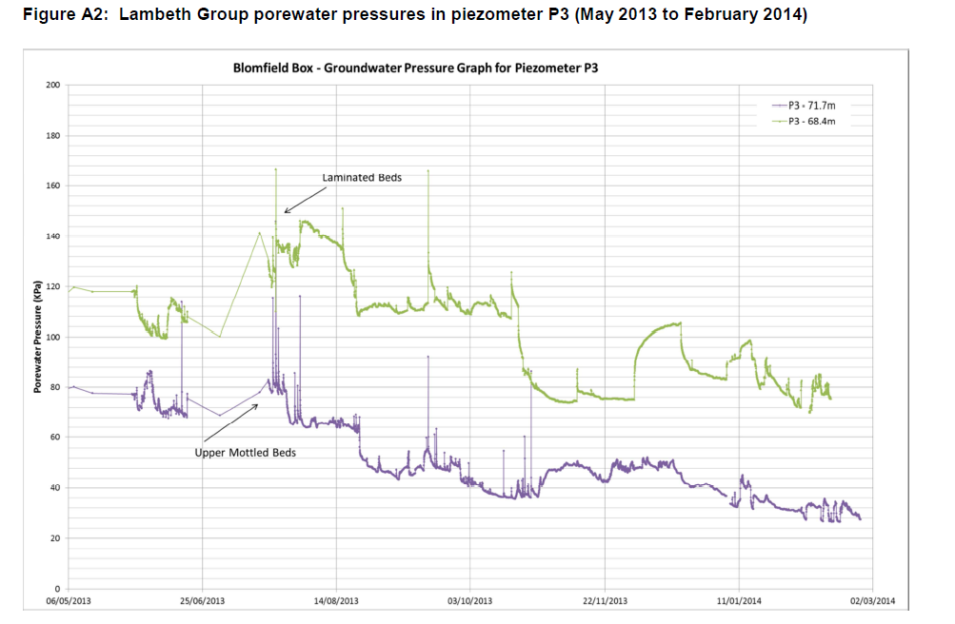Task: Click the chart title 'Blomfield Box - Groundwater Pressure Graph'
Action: pyautogui.click(x=416, y=68)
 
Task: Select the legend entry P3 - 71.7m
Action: pyautogui.click(x=812, y=106)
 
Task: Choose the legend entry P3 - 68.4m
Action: pyautogui.click(x=812, y=122)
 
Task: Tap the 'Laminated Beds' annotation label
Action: pyautogui.click(x=362, y=177)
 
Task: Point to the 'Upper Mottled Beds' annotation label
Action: pyautogui.click(x=245, y=453)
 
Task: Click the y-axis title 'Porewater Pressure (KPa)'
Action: pyautogui.click(x=37, y=337)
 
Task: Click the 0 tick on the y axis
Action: pyautogui.click(x=58, y=589)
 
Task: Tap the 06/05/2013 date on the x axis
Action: pyautogui.click(x=70, y=601)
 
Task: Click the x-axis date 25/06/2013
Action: pyautogui.click(x=203, y=601)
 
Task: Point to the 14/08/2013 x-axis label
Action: pyautogui.click(x=336, y=601)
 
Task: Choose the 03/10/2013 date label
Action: pyautogui.click(x=470, y=601)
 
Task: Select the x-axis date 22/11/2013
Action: pyautogui.click(x=605, y=601)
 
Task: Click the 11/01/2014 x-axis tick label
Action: pyautogui.click(x=739, y=601)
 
